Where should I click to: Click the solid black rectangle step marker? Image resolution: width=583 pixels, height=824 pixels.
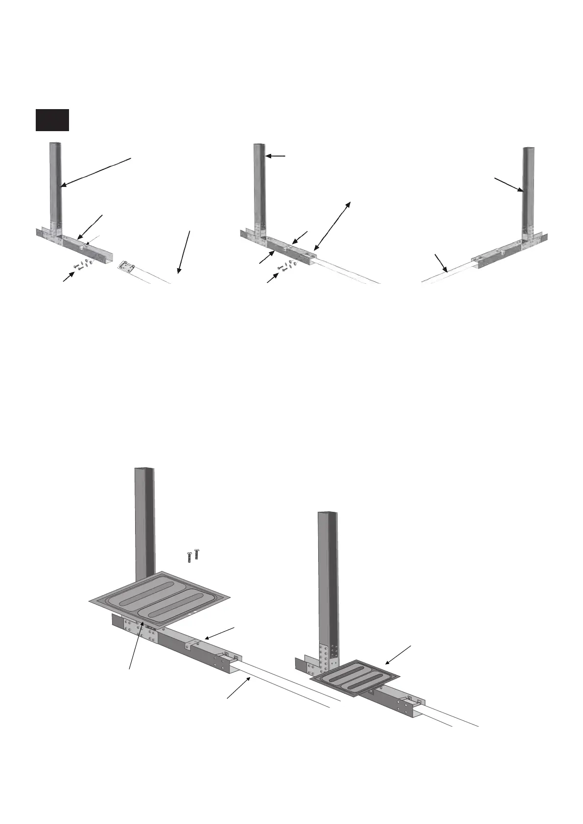(x=52, y=120)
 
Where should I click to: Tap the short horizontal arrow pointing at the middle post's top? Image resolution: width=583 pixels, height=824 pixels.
(x=276, y=156)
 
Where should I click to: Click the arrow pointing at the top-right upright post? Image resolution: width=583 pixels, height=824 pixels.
(x=509, y=185)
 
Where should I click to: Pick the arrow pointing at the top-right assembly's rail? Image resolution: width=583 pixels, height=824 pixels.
(x=441, y=263)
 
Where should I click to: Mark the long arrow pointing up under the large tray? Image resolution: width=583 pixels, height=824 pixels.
(x=136, y=644)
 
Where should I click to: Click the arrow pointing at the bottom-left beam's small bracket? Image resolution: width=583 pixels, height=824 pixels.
(x=220, y=632)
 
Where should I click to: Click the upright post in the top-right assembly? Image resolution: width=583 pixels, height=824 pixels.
(x=529, y=191)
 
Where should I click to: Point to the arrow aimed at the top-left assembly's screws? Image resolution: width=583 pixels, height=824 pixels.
(x=69, y=276)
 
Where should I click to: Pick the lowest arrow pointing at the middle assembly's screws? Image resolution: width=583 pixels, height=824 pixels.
(x=272, y=278)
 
